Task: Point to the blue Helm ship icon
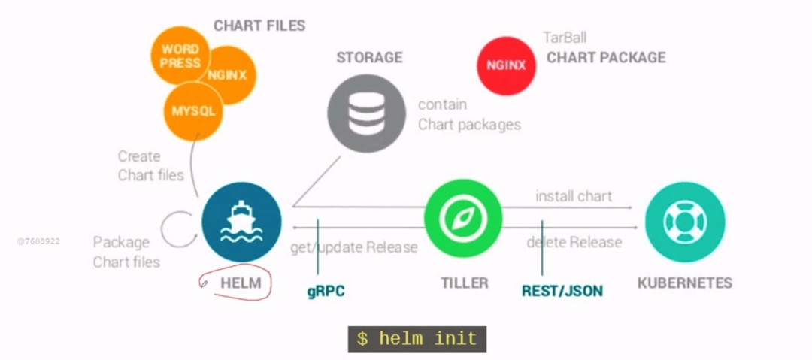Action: (241, 222)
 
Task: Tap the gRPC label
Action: (326, 291)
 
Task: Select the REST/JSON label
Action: (562, 290)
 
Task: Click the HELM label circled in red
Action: (241, 283)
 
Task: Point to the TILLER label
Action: (464, 283)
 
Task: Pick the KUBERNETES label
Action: (684, 283)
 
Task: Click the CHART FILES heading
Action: (259, 26)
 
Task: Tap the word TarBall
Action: (565, 37)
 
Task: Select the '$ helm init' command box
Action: (417, 338)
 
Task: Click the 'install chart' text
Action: (574, 196)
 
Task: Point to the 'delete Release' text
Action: (574, 242)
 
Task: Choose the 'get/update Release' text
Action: (353, 247)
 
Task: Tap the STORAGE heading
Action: (369, 57)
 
